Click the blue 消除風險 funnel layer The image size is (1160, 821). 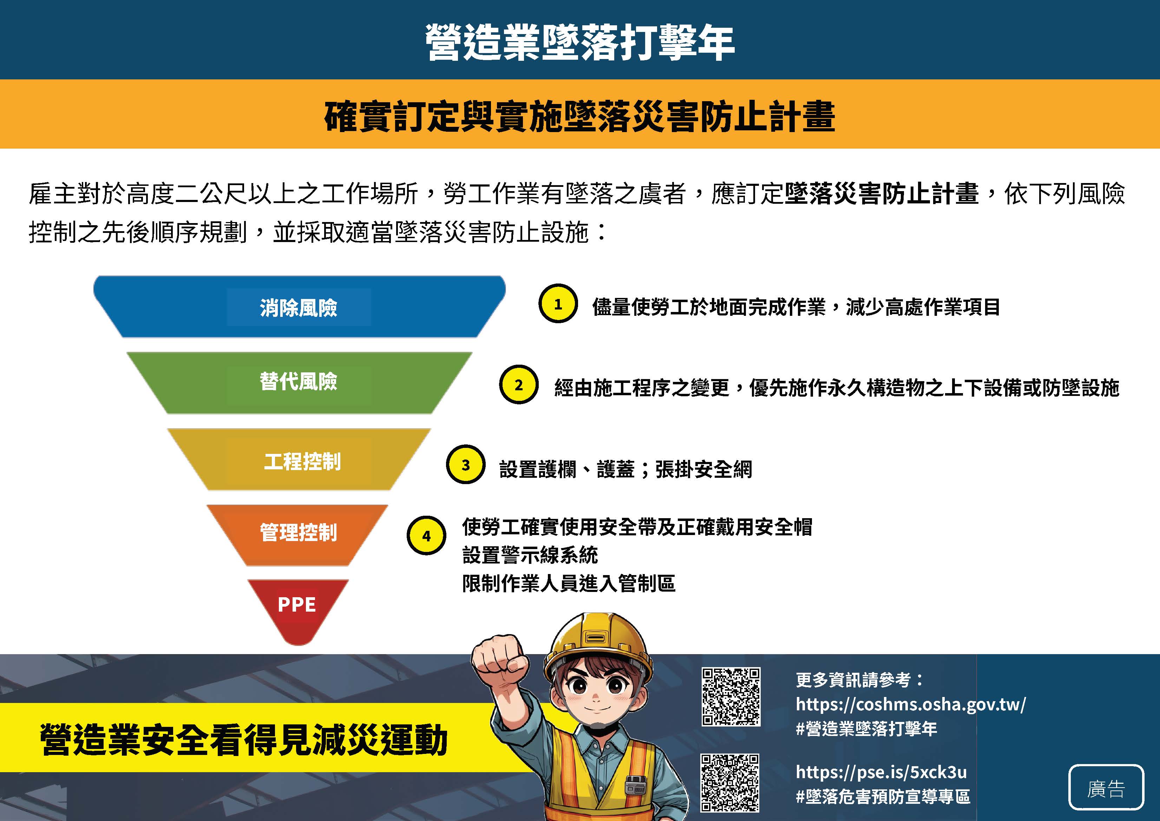click(299, 307)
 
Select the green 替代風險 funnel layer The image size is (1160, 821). click(299, 383)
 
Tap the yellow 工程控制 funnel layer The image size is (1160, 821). click(299, 460)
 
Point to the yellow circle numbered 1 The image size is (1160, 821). click(558, 304)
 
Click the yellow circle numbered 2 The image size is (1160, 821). click(519, 385)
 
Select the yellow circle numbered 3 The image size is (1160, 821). click(466, 464)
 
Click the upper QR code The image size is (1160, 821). click(731, 697)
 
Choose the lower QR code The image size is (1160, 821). click(730, 783)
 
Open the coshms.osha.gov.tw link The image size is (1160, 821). click(911, 704)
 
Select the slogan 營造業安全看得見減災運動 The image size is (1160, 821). click(244, 739)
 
